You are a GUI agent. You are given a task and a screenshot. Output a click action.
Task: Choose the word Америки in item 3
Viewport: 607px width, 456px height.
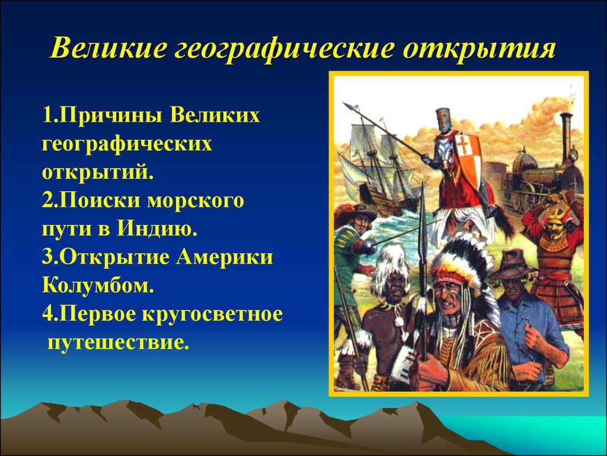click(x=225, y=257)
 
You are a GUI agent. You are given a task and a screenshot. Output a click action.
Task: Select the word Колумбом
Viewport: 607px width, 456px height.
click(x=98, y=286)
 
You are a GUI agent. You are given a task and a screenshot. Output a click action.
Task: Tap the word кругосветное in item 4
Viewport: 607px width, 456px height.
click(x=212, y=315)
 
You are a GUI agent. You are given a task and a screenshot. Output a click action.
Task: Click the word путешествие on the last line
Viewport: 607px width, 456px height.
click(x=118, y=343)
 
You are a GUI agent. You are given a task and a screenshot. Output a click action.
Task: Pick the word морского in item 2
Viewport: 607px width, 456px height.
click(x=195, y=201)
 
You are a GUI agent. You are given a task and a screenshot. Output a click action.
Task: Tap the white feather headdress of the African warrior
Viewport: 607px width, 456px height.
click(x=389, y=266)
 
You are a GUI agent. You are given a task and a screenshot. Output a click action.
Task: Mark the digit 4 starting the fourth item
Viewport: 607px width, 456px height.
click(x=47, y=315)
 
